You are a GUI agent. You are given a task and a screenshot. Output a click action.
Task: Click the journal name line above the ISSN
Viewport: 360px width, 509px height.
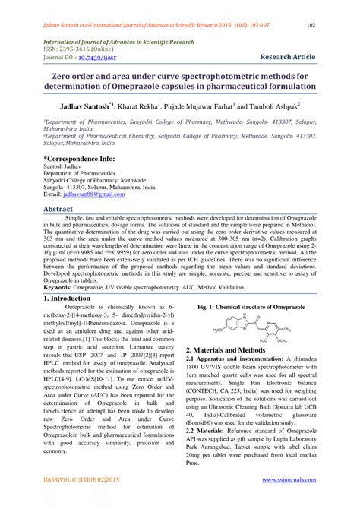point(113,42)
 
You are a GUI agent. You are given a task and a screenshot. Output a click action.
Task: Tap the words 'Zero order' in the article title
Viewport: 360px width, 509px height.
point(75,76)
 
